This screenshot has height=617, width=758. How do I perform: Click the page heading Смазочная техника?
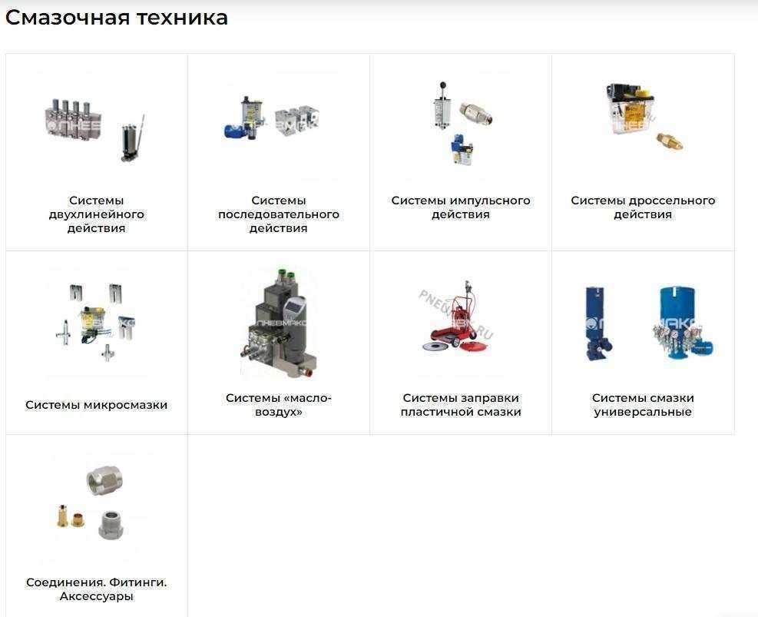point(117,18)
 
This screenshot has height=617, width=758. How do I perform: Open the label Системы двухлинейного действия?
point(96,214)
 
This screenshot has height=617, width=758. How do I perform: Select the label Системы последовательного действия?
point(279,214)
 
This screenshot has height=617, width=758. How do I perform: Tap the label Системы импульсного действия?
point(461,207)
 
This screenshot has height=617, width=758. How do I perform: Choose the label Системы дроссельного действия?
point(643,207)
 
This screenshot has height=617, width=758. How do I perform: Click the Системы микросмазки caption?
point(96,405)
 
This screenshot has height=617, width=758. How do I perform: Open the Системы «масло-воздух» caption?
point(279,405)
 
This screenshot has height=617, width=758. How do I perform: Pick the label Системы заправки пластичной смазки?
point(461,405)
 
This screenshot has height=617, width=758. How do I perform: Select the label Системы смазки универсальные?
point(643,405)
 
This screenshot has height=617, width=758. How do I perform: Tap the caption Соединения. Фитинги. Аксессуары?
point(96,589)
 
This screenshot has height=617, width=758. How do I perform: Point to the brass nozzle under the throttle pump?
point(669,141)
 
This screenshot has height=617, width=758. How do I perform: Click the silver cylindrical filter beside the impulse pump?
point(475,113)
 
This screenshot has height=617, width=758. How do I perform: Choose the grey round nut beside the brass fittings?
point(111,525)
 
